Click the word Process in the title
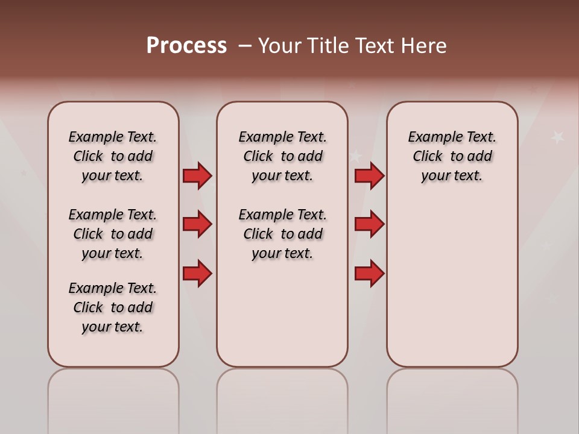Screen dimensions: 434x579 click(186, 46)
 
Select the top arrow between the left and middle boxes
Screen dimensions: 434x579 click(197, 176)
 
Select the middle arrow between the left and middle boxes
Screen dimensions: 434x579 click(197, 224)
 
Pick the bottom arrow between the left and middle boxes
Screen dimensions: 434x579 click(197, 274)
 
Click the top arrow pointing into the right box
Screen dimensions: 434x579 click(369, 176)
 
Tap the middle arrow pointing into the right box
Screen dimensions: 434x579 click(369, 224)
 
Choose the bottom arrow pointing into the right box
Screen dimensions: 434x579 click(369, 274)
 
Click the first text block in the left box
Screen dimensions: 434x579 click(113, 156)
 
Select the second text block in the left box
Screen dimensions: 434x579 click(113, 234)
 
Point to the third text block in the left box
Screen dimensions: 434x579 click(113, 307)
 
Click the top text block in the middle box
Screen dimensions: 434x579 click(282, 156)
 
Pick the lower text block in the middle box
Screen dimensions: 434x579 click(282, 234)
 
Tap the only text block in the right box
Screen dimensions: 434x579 click(452, 156)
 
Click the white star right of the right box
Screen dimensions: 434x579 click(558, 137)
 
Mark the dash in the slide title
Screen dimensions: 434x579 click(245, 46)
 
